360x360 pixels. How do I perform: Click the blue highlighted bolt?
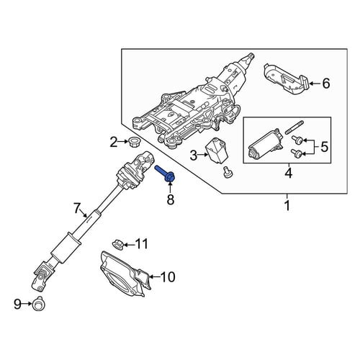coord(166,174)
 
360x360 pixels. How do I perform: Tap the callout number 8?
coord(170,199)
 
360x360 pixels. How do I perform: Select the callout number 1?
coord(287,205)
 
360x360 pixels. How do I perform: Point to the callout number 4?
coord(289,173)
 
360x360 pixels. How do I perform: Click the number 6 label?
coord(326,84)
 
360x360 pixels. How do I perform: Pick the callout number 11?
coord(142,244)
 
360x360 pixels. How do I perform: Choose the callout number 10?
coord(168,277)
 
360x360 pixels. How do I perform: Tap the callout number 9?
coord(17,305)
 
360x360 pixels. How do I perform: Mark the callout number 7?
coord(76,208)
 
